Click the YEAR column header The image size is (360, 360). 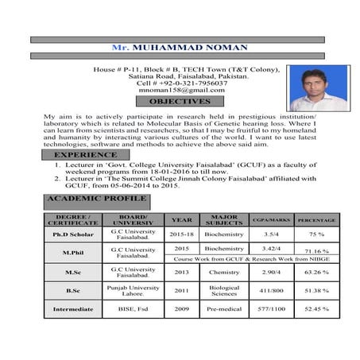[x=181, y=219]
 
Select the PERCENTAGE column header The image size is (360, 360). [x=316, y=219]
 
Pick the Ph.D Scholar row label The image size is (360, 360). [x=72, y=236]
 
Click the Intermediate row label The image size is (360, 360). [x=72, y=308]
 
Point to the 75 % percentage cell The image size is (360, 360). [x=316, y=236]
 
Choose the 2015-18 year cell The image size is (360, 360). [x=181, y=236]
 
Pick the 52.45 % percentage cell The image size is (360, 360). [x=316, y=308]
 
